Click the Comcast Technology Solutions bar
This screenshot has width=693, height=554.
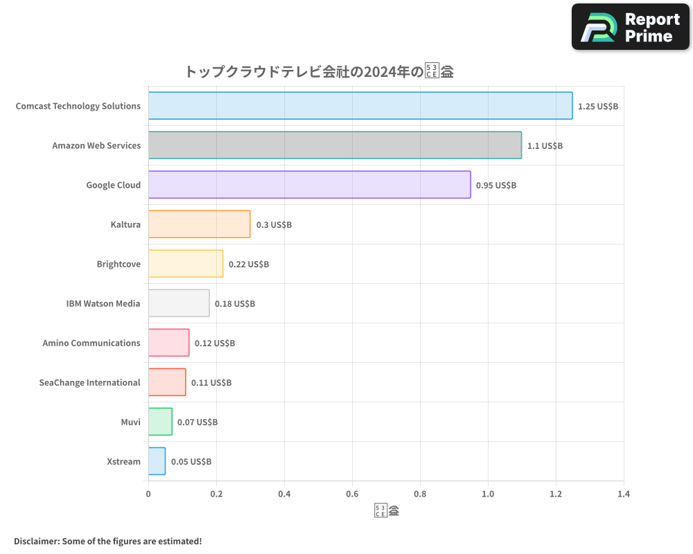point(360,106)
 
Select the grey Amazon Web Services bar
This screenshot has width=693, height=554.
point(335,145)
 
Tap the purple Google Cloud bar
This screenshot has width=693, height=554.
point(309,185)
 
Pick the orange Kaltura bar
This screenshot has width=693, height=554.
point(199,224)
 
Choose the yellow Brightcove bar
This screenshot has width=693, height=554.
point(186,264)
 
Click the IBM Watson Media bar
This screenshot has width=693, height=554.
point(179,303)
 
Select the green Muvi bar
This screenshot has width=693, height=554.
point(160,422)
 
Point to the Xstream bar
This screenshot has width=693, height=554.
point(157,461)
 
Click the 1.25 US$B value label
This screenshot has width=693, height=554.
point(597,107)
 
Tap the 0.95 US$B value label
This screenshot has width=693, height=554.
point(495,186)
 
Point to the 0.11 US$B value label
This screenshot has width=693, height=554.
point(211,383)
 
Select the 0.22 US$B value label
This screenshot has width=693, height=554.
point(249,265)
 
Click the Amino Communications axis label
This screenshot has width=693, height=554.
point(91,343)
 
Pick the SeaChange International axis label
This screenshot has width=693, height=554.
point(90,383)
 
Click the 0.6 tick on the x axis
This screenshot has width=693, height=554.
point(352,494)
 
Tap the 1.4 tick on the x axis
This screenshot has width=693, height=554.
point(624,494)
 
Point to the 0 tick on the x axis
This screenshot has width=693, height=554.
point(148,494)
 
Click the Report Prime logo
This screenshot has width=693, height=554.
point(630,27)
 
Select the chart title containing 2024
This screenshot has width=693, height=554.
point(319,71)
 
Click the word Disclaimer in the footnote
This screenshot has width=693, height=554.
point(35,541)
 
